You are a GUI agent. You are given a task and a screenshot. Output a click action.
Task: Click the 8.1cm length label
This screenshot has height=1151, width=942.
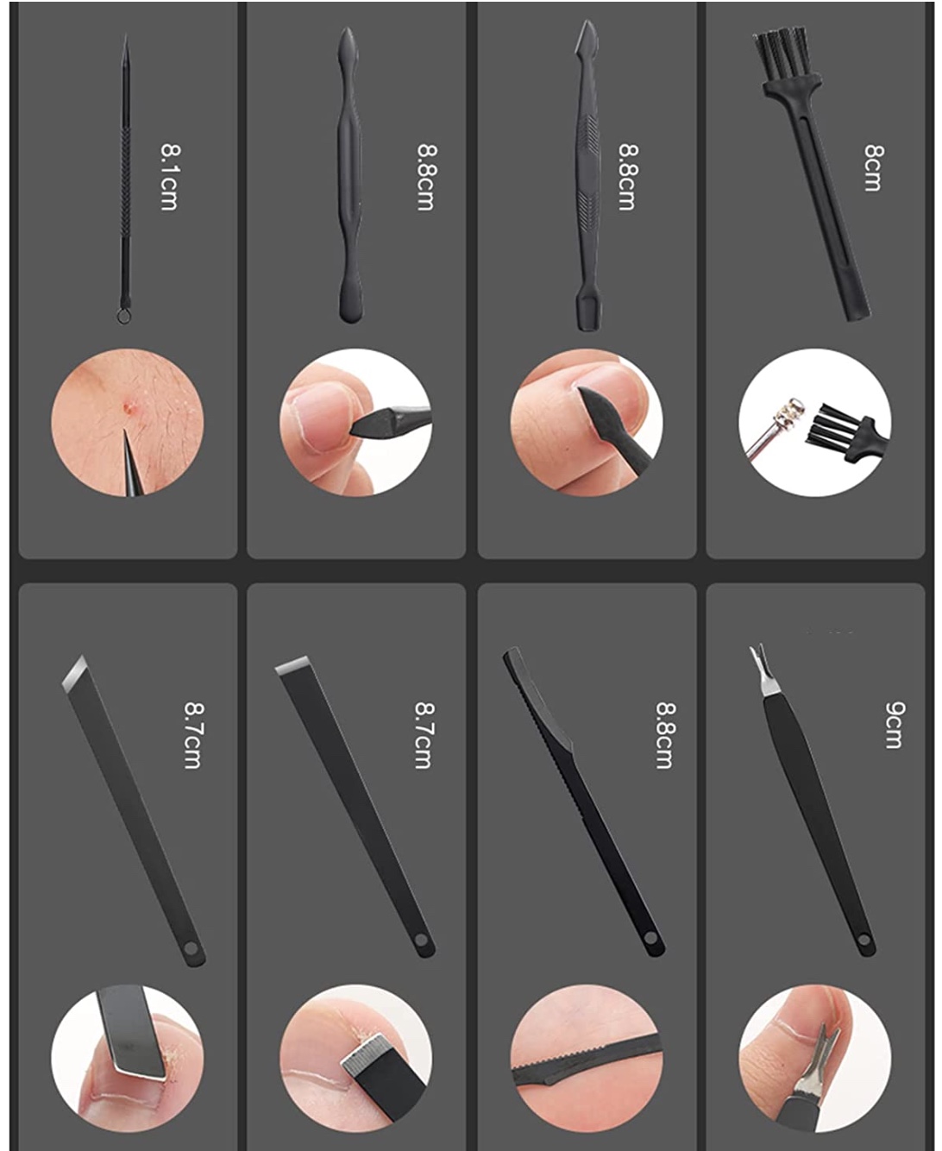point(168,177)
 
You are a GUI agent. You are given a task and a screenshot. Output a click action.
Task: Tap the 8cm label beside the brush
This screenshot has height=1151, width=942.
point(873,167)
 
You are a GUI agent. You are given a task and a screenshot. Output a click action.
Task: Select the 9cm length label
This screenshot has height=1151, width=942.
point(894,725)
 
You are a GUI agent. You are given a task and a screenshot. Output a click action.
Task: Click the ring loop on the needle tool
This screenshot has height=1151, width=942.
point(123,316)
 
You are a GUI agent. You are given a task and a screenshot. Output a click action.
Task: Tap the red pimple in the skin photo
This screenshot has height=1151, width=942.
point(129,406)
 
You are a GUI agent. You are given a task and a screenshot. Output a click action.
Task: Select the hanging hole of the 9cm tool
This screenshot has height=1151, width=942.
point(863,940)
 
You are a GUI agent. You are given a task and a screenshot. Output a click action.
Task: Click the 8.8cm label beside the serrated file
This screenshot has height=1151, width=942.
point(665,735)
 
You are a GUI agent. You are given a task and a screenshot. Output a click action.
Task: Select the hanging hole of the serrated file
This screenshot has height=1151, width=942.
point(650,939)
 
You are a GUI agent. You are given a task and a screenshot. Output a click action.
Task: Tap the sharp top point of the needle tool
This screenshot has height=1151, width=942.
point(126,36)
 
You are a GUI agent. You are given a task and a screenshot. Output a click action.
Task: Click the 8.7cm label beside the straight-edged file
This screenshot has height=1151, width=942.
point(424,735)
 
